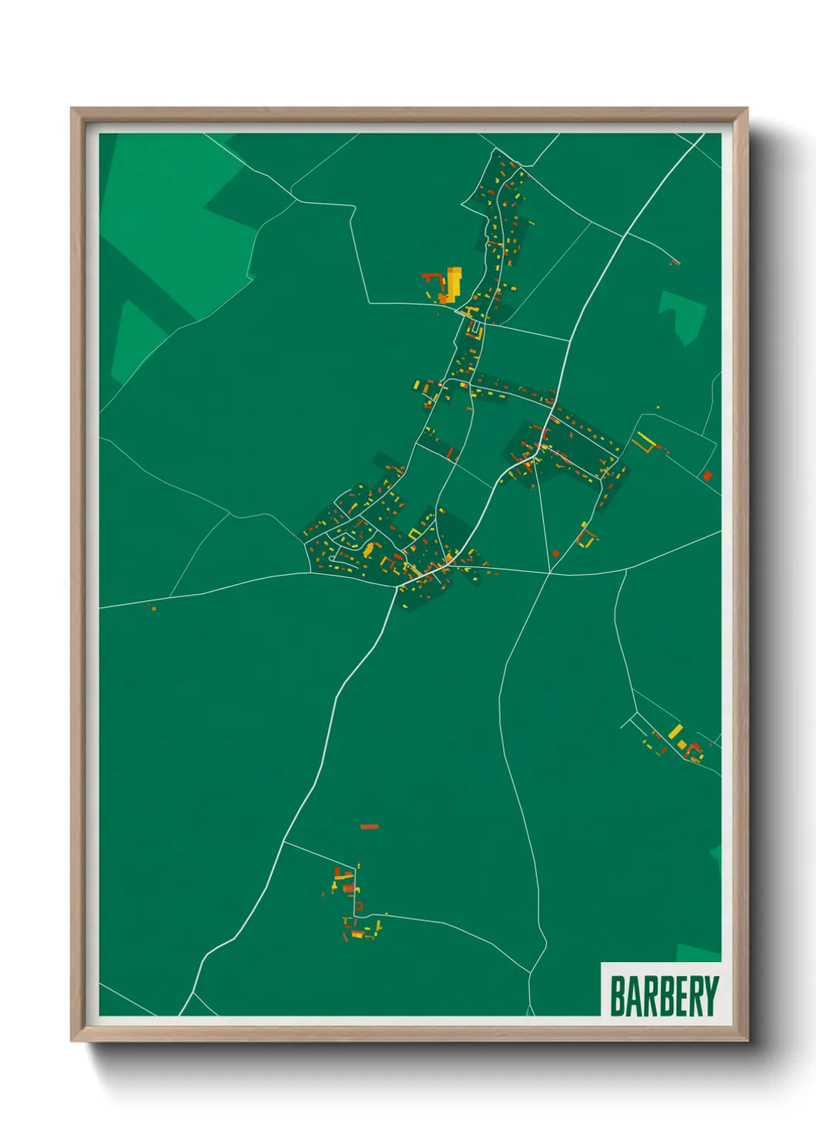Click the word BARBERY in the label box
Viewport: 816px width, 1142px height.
(664, 996)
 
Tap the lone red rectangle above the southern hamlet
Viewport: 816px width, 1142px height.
(369, 826)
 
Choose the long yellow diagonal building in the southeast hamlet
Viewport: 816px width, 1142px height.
(675, 730)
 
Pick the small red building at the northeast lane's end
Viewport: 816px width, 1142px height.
(675, 263)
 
